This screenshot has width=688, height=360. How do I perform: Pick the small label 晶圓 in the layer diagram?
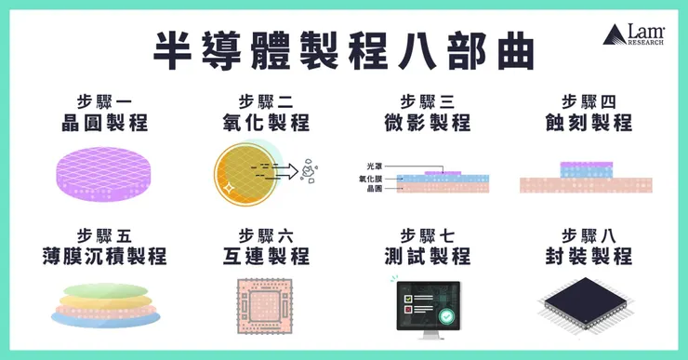(373, 188)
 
